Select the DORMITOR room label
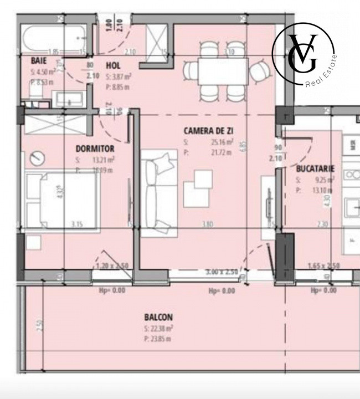click(x=95, y=149)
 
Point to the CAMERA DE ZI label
click(x=208, y=131)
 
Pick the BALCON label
click(x=158, y=318)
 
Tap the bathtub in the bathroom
click(x=53, y=38)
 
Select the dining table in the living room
click(x=223, y=71)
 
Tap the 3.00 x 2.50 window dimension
click(x=222, y=272)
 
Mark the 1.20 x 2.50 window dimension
click(x=112, y=266)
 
